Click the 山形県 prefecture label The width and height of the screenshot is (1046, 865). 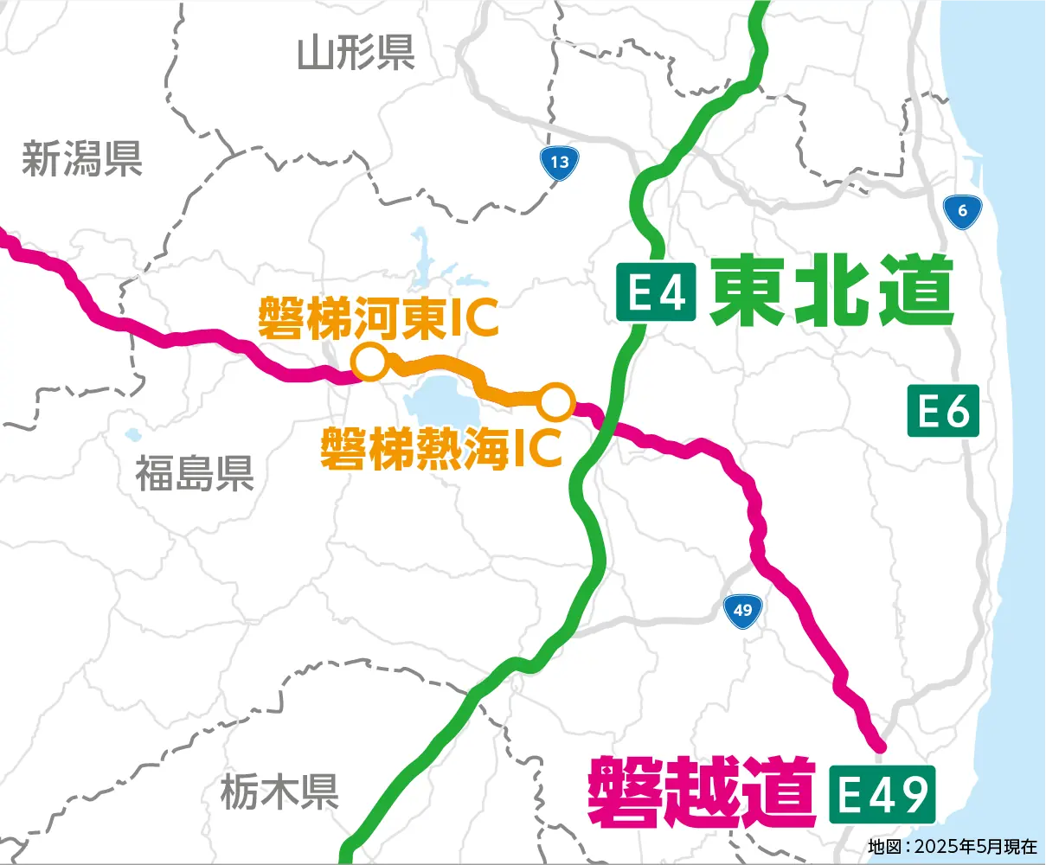pyautogui.click(x=356, y=54)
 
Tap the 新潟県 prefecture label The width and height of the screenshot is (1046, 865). pyautogui.click(x=82, y=159)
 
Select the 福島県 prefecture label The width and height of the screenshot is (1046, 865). pyautogui.click(x=195, y=473)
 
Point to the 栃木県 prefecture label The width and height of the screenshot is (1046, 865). pyautogui.click(x=279, y=791)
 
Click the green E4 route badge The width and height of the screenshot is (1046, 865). pyautogui.click(x=656, y=292)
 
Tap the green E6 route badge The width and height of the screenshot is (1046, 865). pyautogui.click(x=943, y=410)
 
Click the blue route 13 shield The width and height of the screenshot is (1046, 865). pyautogui.click(x=560, y=163)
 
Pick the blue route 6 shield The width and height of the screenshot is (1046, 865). pyautogui.click(x=962, y=211)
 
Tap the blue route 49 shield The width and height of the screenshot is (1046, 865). pyautogui.click(x=742, y=611)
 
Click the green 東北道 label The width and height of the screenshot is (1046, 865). pyautogui.click(x=831, y=292)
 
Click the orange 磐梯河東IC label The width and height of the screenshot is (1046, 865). pyautogui.click(x=379, y=317)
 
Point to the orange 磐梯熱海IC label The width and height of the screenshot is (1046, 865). pyautogui.click(x=441, y=448)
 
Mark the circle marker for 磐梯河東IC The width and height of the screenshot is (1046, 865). pyautogui.click(x=369, y=362)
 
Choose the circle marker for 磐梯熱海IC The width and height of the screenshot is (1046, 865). pyautogui.click(x=556, y=401)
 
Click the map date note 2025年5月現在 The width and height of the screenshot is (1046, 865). pyautogui.click(x=952, y=846)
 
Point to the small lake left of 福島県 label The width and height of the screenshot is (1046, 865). pyautogui.click(x=132, y=435)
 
